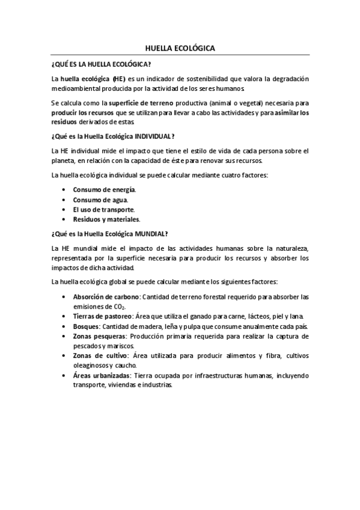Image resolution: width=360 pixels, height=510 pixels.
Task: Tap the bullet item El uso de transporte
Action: coord(104,209)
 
